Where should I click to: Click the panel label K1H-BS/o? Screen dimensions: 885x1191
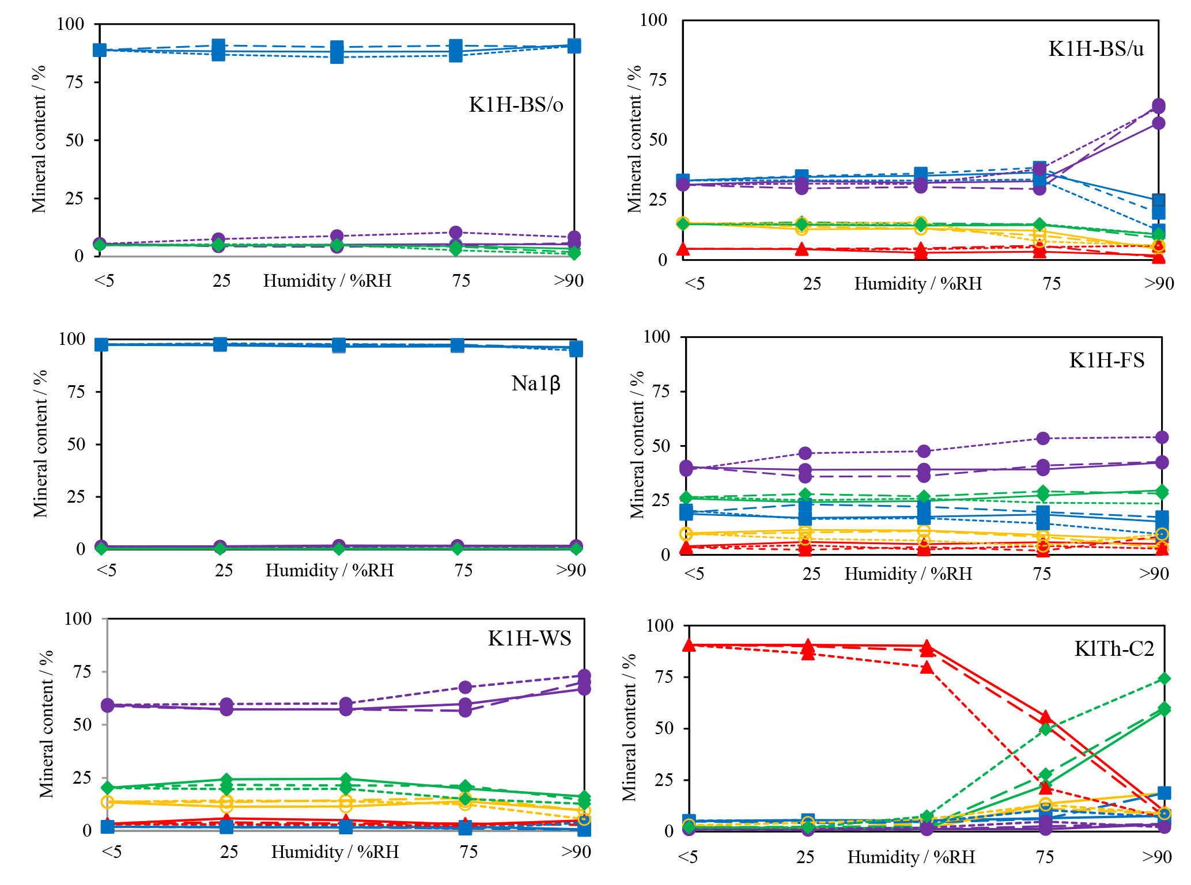point(516,105)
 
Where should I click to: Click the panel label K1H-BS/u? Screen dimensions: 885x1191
point(1096,49)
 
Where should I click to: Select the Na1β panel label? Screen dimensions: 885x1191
point(535,383)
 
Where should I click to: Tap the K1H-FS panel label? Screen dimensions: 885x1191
point(1106,360)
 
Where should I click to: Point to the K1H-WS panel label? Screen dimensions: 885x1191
point(529,639)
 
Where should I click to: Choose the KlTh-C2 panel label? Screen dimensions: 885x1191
point(1114,649)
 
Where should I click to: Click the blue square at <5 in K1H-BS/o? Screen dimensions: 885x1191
point(100,50)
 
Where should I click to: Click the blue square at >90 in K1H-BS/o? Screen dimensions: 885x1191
point(574,46)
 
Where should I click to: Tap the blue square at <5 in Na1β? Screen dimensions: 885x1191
point(101,344)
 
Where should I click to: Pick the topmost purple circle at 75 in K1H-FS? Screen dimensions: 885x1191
point(1043,439)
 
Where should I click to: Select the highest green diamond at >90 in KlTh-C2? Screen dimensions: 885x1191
point(1164,679)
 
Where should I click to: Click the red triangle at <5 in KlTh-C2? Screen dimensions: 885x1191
point(689,645)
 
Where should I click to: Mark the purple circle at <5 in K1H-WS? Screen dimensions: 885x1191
point(108,705)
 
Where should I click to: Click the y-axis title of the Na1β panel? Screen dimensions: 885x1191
point(40,443)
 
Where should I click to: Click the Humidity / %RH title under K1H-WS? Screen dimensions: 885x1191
point(335,852)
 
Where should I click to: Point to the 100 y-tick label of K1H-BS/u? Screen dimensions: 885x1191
point(653,20)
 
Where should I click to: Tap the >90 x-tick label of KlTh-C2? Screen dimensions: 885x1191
point(1157,857)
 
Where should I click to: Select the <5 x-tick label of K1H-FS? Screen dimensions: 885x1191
point(694,573)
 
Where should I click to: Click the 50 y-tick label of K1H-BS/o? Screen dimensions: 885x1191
point(74,140)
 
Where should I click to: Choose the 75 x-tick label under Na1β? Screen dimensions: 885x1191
point(463,570)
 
